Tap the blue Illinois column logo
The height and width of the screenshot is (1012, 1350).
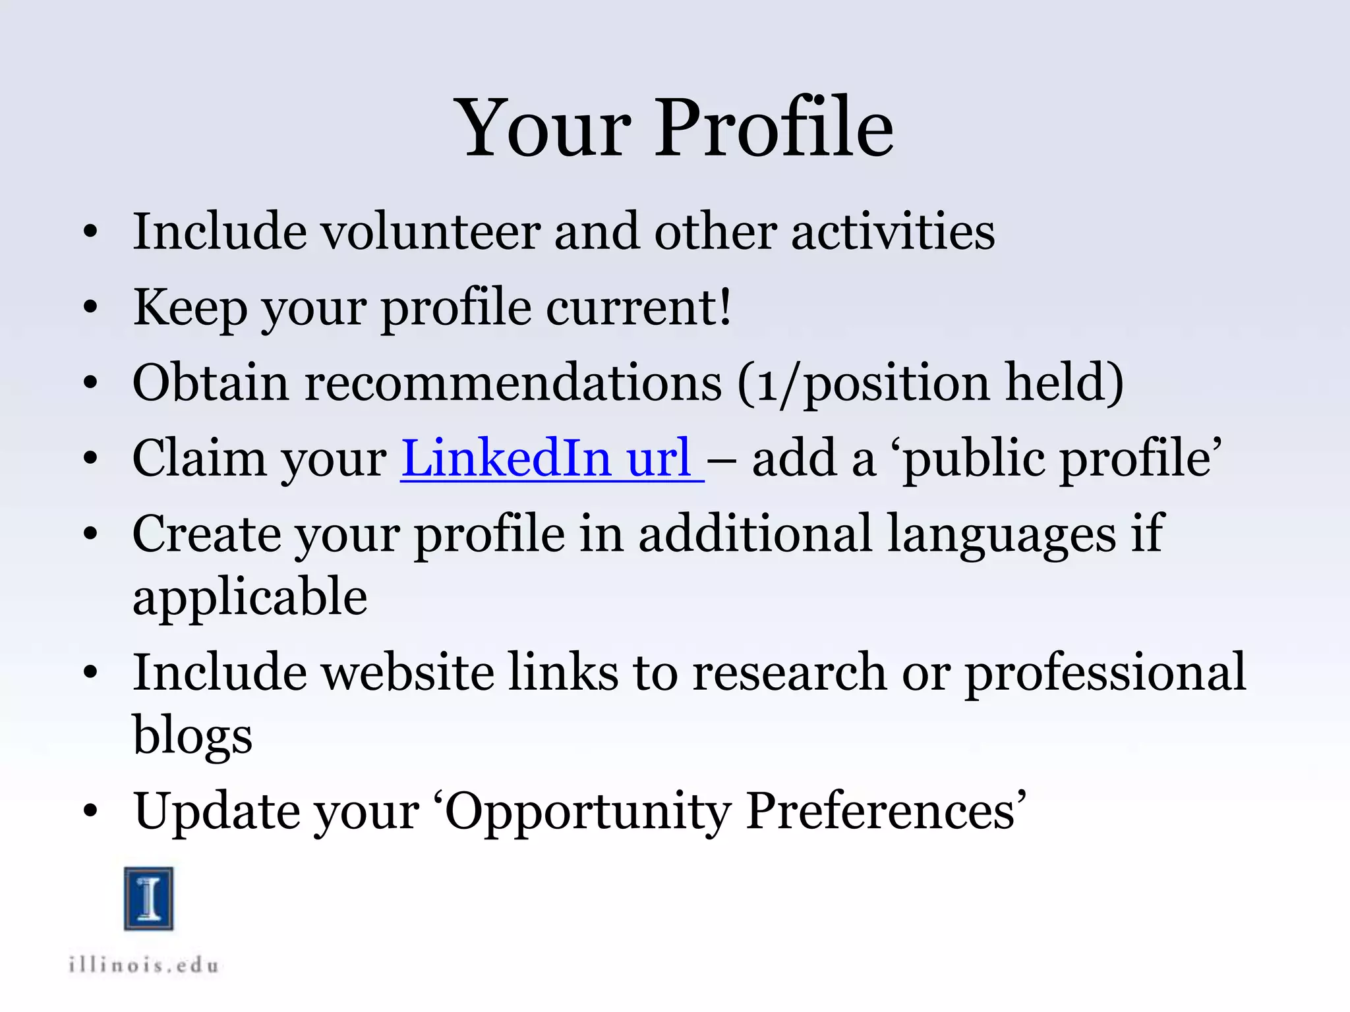point(149,899)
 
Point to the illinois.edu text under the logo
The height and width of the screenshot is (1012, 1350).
point(144,966)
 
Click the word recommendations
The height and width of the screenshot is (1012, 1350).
point(513,383)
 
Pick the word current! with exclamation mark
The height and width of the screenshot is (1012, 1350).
point(638,308)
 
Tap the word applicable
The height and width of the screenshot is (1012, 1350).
point(250,597)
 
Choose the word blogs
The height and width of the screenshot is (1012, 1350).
point(192,735)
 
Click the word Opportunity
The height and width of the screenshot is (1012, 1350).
point(588,812)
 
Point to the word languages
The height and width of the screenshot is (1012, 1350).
point(1001,535)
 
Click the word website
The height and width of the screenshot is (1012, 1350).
point(407,673)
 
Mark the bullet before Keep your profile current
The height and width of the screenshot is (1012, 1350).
point(90,307)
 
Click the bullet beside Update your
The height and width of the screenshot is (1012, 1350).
point(90,812)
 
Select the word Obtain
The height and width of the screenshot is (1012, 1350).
point(210,383)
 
